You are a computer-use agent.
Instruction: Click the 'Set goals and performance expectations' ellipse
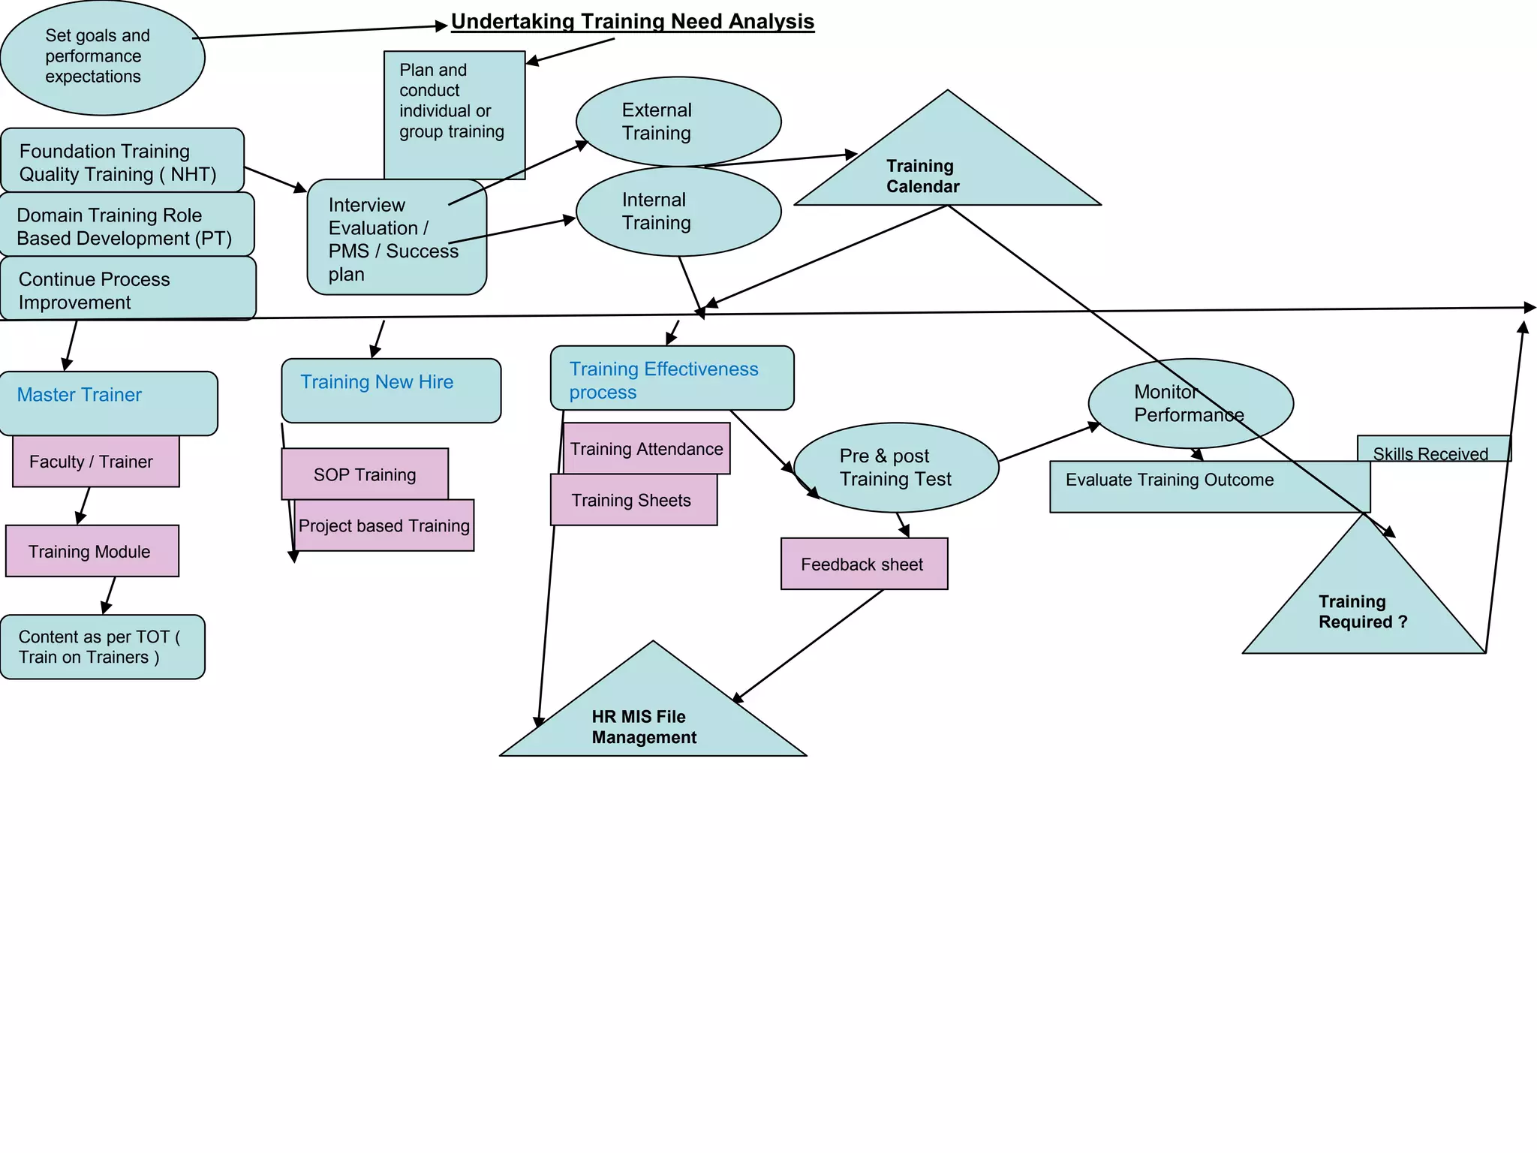coord(102,57)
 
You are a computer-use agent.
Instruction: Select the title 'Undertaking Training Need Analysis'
coord(632,22)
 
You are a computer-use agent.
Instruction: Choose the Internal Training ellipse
coord(678,212)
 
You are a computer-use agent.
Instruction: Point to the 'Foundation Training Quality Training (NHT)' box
coord(122,161)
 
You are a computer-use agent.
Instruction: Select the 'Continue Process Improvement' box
coord(128,290)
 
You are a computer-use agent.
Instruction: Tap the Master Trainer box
coord(109,403)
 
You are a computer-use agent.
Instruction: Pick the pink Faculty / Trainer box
coord(95,462)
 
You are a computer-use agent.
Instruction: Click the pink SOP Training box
coord(365,474)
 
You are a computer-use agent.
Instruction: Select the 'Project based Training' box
coord(384,526)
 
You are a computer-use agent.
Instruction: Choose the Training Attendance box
coord(646,448)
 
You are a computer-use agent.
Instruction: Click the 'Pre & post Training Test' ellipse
coord(895,468)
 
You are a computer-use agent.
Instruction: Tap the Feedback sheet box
coord(864,564)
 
